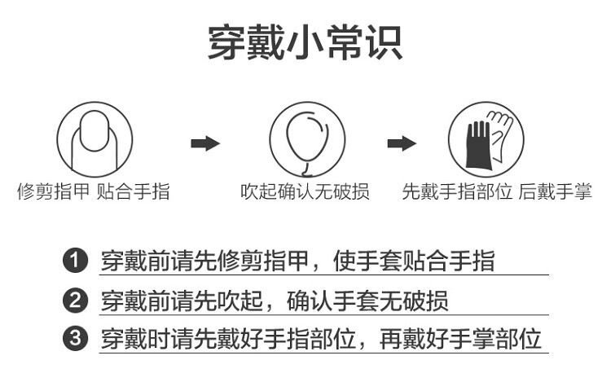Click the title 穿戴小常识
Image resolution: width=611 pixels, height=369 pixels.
pos(305,42)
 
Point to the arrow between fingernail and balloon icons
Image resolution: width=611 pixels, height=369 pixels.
pos(205,144)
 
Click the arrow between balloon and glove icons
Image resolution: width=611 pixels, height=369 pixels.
pos(402,144)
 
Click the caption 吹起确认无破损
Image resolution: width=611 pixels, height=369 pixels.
pos(305,192)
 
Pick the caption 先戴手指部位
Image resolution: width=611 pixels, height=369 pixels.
pos(457,192)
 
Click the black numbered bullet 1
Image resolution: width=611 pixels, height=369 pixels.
pos(76,261)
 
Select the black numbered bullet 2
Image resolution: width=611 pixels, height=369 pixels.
pos(76,301)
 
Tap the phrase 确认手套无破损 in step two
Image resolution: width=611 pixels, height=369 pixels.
pos(367,301)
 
